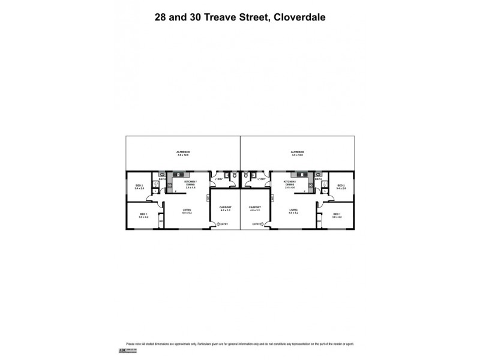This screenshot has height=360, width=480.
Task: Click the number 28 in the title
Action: (x=160, y=17)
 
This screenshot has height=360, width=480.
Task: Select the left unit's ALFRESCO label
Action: (x=182, y=152)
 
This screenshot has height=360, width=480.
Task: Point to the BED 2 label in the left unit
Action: (x=139, y=186)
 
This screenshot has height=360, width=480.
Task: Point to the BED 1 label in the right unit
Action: (x=336, y=215)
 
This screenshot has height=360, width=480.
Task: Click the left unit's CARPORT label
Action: (x=225, y=208)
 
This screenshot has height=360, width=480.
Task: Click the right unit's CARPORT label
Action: (x=255, y=208)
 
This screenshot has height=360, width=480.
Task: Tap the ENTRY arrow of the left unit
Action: (x=219, y=224)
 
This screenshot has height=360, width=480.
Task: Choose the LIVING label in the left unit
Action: (x=187, y=210)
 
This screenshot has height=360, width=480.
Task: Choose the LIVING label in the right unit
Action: (x=293, y=210)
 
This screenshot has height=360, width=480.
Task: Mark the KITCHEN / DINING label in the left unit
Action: (x=191, y=184)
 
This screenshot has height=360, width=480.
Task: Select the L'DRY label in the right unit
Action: (x=262, y=179)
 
